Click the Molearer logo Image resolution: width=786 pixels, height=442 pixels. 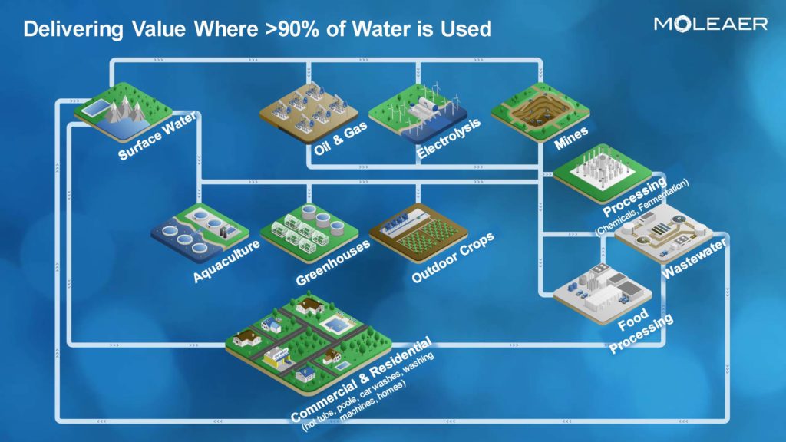711,24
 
